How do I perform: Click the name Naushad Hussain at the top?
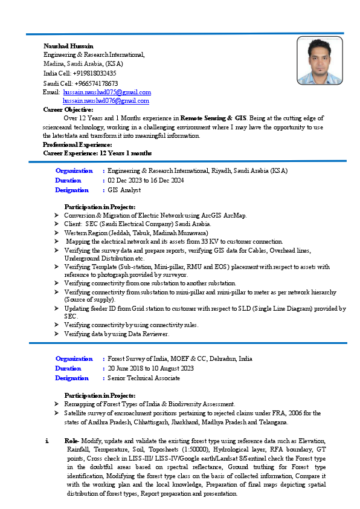(68, 47)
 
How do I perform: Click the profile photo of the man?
(320, 61)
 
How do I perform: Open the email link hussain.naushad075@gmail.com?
(107, 92)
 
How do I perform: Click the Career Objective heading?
(68, 109)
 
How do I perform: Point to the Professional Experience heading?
(77, 144)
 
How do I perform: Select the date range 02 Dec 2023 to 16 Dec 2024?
(146, 180)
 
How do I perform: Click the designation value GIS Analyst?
(124, 190)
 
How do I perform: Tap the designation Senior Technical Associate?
(144, 378)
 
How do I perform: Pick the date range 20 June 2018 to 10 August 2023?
(150, 368)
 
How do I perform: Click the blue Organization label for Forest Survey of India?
(74, 358)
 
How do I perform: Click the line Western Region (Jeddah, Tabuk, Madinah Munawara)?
(136, 232)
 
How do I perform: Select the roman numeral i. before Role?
(47, 440)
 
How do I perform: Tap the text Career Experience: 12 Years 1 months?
(97, 153)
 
